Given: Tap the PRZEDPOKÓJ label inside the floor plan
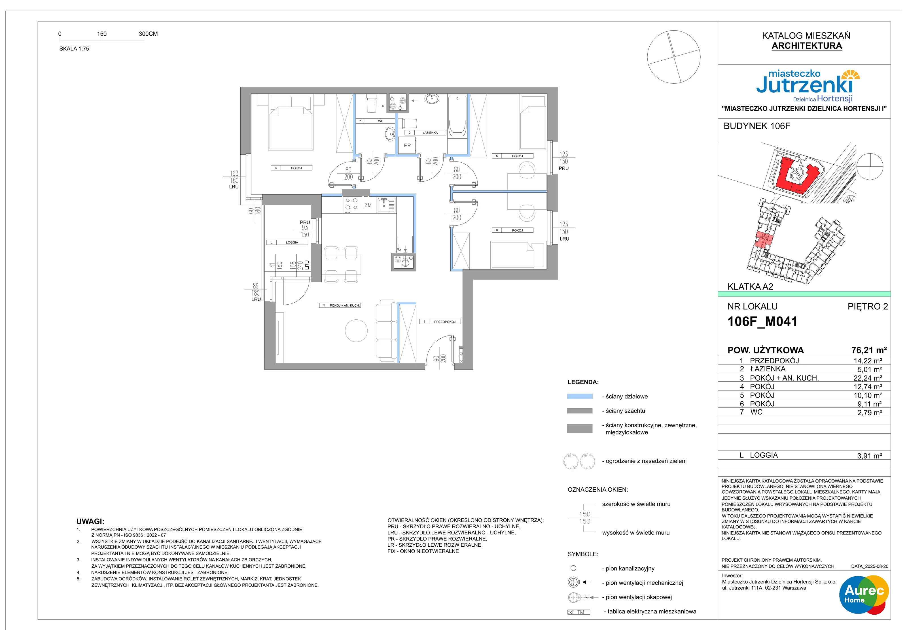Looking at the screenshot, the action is pos(445,322).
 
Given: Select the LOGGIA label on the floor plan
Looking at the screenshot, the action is pos(292,243).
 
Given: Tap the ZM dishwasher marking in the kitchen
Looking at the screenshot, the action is pos(368,205).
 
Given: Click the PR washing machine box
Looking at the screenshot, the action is pos(407,145).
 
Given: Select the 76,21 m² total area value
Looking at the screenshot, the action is pos(869,350).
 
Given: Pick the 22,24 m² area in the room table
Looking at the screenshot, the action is pos(868,378).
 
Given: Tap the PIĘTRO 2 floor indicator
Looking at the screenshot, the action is pos(868,307).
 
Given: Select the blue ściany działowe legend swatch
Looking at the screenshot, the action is pos(580,396).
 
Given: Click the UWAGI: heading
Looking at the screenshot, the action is pos(90,521).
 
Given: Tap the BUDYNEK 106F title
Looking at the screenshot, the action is pos(756,126).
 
